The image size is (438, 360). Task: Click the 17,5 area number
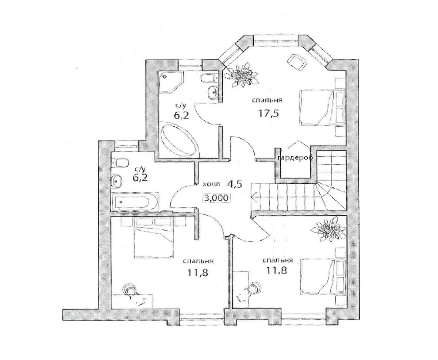268,114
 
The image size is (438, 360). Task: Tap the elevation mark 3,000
216,198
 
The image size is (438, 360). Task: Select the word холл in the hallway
211,184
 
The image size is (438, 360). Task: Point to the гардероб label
295,158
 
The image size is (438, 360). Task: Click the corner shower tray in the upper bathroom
171,83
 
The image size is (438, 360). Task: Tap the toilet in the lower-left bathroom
121,163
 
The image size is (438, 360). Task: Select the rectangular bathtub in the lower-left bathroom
135,202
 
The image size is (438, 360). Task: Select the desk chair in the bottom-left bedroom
130,290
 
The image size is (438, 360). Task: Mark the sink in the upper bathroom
213,92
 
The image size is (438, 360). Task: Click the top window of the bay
276,42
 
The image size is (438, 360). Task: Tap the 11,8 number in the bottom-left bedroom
197,273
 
